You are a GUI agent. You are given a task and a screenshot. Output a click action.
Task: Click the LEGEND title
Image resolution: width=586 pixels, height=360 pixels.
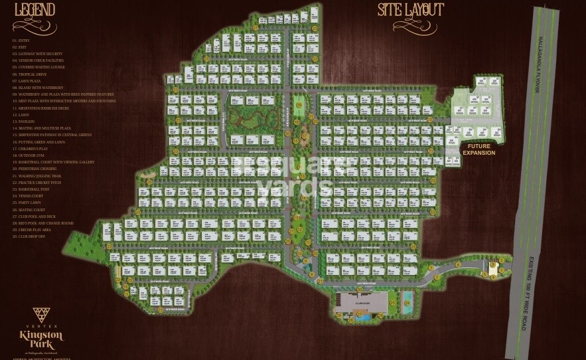(x=35, y=10)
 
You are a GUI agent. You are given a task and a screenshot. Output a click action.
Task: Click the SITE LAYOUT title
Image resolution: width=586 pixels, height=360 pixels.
(x=411, y=10)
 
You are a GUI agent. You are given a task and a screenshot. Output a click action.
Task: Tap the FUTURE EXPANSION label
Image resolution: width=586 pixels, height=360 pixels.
(x=478, y=149)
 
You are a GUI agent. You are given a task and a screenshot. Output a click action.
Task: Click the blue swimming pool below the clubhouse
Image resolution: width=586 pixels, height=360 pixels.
(x=362, y=317)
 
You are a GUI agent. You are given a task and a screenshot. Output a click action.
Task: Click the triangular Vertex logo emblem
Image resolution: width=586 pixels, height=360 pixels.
(x=41, y=315)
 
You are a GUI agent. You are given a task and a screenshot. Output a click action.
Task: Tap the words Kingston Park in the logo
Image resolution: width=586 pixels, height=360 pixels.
(x=41, y=339)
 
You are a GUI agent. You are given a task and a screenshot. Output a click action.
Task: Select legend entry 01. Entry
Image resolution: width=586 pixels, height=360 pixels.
(x=21, y=41)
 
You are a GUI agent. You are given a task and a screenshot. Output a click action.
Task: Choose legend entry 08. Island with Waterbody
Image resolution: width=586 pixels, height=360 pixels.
(x=38, y=88)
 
